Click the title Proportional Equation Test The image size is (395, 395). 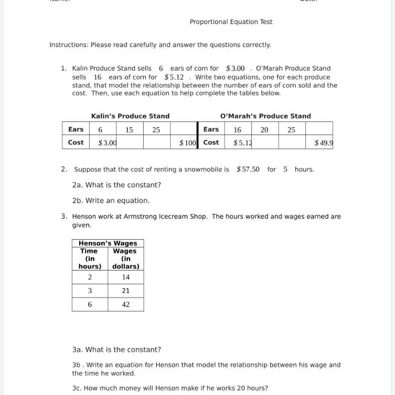[231, 22]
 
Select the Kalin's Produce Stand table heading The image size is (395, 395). [130, 116]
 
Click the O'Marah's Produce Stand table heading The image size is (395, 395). [265, 116]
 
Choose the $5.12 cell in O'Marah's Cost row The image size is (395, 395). [242, 142]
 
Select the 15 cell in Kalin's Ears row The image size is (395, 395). [129, 130]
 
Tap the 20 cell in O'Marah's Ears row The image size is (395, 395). [264, 130]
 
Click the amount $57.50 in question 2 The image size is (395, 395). [248, 169]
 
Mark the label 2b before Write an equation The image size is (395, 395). [77, 201]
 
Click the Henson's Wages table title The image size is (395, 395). [108, 243]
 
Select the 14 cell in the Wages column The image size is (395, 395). [125, 277]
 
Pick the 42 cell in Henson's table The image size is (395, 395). [125, 304]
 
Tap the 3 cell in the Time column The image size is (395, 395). [90, 291]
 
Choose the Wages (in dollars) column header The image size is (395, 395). [125, 259]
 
